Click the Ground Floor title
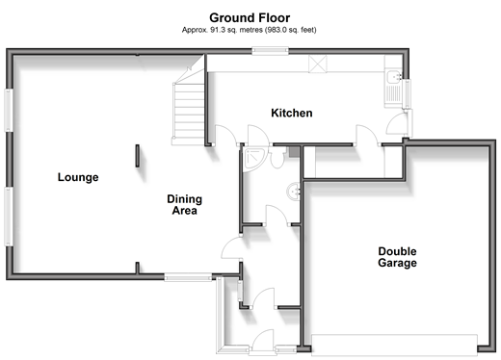click(x=250, y=17)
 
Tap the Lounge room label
click(x=78, y=177)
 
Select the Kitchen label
click(x=292, y=113)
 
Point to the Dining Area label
click(x=185, y=205)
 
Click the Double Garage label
click(x=397, y=257)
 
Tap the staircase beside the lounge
click(x=189, y=106)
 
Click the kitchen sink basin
click(x=393, y=77)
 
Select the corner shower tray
click(x=254, y=159)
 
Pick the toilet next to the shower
click(x=277, y=157)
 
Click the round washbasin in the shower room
click(x=294, y=192)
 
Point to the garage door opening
click(x=394, y=346)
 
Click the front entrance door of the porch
click(x=263, y=342)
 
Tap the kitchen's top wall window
click(x=270, y=51)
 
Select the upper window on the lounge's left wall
click(x=9, y=110)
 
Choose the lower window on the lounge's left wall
click(x=9, y=217)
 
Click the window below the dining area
click(x=188, y=277)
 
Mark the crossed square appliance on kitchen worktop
click(x=318, y=63)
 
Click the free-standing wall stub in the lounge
click(x=138, y=156)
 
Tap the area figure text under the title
click(x=250, y=30)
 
